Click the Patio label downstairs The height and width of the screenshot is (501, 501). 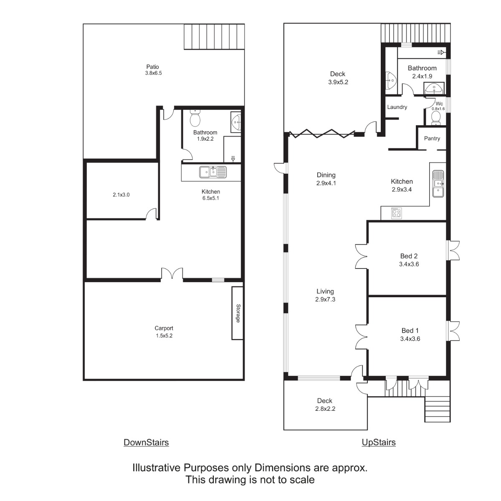coord(152,67)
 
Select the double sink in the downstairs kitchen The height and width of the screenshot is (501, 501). coord(213,172)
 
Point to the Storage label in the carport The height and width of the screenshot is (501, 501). coord(238,313)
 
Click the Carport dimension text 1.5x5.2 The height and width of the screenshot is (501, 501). coord(164,336)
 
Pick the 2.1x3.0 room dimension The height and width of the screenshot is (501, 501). coord(121,195)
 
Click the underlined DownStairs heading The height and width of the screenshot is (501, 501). coord(146,442)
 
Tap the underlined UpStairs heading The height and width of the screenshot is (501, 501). coord(379,442)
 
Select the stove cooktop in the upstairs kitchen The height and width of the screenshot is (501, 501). coord(397,213)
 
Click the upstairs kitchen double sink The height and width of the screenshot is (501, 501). coord(438,184)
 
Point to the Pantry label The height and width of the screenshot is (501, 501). coord(432,139)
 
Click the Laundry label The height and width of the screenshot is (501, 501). coord(397,107)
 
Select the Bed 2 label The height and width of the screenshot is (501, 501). coord(409,256)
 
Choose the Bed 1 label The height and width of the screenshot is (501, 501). coord(410,331)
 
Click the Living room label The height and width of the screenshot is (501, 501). coord(325,291)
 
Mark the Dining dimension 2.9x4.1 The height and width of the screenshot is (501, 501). coord(326,183)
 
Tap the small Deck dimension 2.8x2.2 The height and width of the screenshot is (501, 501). coord(325,409)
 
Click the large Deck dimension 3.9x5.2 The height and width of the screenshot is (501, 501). coord(338,82)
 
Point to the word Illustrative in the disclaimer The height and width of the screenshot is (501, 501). coord(157,468)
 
